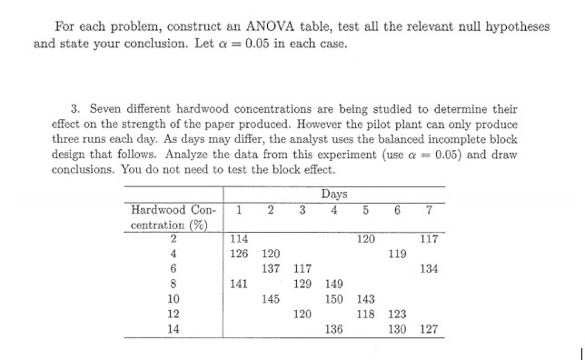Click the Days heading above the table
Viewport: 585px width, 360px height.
point(333,194)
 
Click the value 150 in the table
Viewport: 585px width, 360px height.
point(334,298)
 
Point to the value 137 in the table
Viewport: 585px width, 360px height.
point(271,268)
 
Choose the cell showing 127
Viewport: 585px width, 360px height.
point(428,328)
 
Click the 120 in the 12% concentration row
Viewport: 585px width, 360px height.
point(302,313)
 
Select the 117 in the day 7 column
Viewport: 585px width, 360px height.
point(428,239)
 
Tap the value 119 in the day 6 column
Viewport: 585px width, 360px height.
point(397,254)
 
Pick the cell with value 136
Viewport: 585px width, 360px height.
point(334,328)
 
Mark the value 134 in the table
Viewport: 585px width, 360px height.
point(428,268)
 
